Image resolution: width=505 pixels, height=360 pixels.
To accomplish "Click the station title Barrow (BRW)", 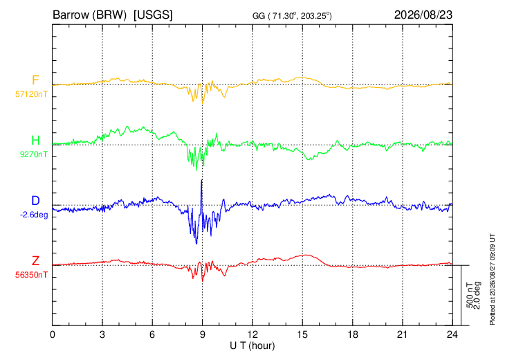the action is point(89,15).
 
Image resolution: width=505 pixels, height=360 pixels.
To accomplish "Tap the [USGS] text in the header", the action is point(154,15).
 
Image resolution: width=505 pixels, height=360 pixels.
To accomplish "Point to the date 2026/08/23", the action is point(423,15).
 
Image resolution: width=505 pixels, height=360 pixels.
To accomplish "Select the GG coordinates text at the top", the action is point(292,16).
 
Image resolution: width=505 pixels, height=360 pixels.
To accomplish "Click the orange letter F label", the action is point(35,80).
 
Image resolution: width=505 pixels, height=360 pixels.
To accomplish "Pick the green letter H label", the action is point(35,141).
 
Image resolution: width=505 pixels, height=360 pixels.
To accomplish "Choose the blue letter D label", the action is point(35,201).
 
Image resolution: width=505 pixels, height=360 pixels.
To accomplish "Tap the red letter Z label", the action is point(35,261).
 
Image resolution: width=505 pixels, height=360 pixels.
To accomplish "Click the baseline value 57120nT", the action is point(31,94).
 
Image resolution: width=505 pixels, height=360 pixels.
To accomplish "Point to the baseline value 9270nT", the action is point(33,154).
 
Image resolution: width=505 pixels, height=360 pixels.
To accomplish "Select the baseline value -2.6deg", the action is point(34,215).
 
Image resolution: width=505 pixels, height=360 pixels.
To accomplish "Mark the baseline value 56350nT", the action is point(31,275).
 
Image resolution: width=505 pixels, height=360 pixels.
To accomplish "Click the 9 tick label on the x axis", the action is point(202,335).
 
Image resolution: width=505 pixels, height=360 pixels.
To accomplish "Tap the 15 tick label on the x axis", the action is point(302,335).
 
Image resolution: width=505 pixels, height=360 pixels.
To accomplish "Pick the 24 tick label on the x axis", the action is point(452,335).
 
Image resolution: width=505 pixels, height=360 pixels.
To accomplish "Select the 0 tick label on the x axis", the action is point(53,335).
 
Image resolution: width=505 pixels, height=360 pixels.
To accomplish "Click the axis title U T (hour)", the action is point(252,346).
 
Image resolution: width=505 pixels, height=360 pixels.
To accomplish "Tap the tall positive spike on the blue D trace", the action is point(201,181).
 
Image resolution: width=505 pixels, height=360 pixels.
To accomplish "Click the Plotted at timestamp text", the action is point(492,280).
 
